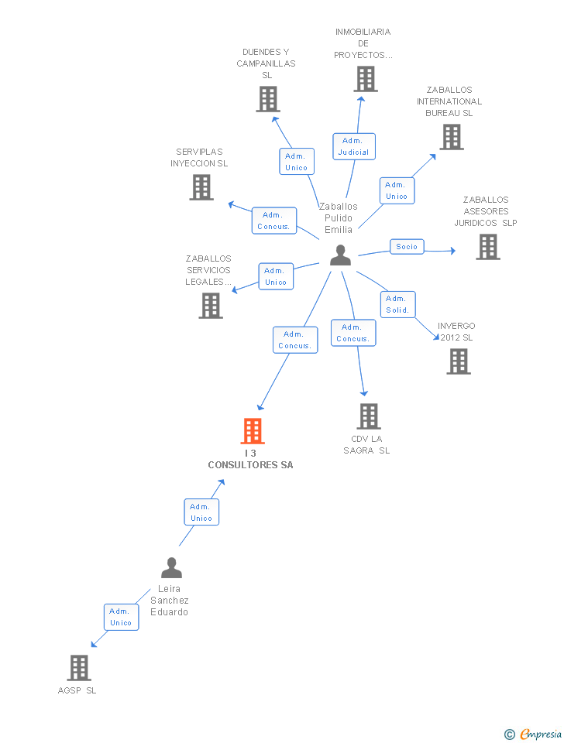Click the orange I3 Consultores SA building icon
click(253, 431)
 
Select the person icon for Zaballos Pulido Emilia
click(340, 255)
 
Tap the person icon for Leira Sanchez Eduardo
click(171, 568)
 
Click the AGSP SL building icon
click(79, 667)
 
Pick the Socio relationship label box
click(407, 247)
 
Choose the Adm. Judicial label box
click(354, 146)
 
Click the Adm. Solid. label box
click(398, 304)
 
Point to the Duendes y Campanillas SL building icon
click(268, 99)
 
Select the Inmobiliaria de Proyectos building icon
click(366, 79)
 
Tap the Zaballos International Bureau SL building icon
click(452, 137)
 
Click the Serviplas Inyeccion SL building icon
click(201, 187)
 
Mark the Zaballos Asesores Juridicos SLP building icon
click(488, 247)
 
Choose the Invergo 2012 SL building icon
click(459, 361)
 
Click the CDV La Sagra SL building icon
click(369, 416)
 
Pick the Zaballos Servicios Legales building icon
click(211, 306)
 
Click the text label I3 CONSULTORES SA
click(250, 460)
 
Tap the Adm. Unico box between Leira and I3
click(201, 512)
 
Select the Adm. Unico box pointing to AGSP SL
click(121, 617)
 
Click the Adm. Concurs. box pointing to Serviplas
click(274, 221)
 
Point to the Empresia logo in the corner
click(533, 734)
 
